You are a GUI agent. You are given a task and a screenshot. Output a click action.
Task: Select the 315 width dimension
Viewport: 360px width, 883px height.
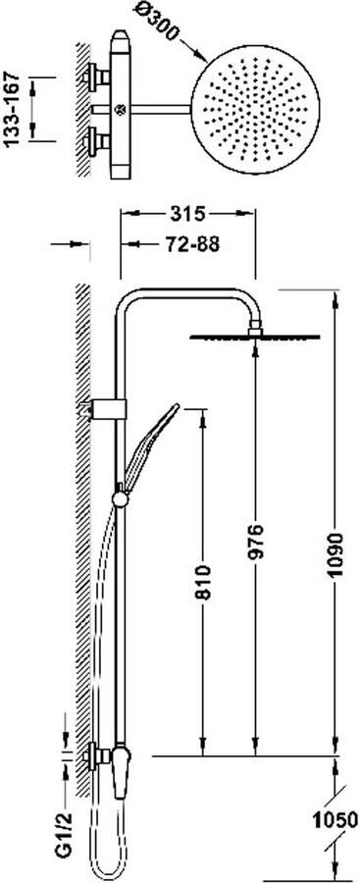(186, 215)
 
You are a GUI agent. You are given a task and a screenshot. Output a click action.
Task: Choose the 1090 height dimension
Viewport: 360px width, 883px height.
(335, 553)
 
